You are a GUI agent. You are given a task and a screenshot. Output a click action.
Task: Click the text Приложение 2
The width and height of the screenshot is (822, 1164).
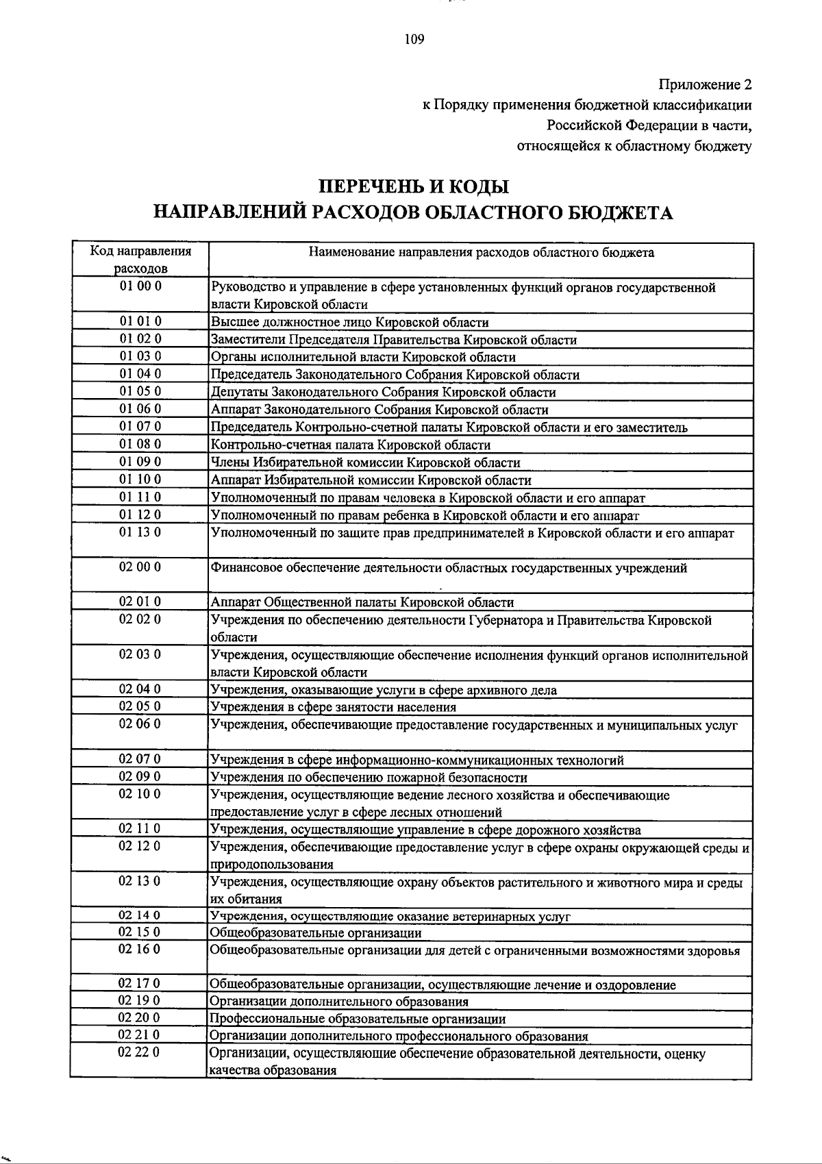pos(705,85)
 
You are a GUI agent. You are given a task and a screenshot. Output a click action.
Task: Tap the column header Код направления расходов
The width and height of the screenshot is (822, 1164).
pos(140,259)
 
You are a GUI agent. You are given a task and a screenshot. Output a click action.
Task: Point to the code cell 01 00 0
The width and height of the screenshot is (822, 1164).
pos(140,286)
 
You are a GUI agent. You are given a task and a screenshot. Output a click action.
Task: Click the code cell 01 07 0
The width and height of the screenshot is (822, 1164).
pos(140,427)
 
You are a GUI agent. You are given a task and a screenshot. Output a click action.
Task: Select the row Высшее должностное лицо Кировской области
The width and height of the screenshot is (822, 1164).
pos(349,322)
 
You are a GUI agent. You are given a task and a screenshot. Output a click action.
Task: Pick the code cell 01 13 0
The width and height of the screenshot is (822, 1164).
pos(140,532)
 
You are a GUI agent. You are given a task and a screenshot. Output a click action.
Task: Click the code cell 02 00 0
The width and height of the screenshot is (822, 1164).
pos(140,567)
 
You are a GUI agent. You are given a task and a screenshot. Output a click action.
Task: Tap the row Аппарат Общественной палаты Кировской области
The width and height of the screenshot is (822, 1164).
pos(362,603)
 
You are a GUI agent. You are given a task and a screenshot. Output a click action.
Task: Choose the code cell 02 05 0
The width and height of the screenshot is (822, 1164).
pos(140,706)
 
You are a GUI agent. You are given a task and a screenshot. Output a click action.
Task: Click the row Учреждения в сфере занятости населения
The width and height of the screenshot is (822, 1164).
pos(333,707)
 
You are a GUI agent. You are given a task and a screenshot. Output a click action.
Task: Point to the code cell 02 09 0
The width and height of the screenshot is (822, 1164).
pos(140,777)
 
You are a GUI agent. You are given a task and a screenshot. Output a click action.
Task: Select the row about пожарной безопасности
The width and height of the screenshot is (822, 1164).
pos(369,778)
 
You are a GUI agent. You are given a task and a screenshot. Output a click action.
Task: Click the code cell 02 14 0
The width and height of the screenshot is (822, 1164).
pos(140,915)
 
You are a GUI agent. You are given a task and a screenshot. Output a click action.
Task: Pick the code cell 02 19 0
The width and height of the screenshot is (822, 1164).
pos(140,1001)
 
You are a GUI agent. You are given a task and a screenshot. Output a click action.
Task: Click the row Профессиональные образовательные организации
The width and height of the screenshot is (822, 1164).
pos(358,1019)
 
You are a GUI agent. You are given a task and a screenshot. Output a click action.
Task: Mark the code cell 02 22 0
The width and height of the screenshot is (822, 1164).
pos(140,1052)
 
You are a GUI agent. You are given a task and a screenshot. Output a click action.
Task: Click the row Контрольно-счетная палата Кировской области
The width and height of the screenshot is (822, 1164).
pos(350,445)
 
